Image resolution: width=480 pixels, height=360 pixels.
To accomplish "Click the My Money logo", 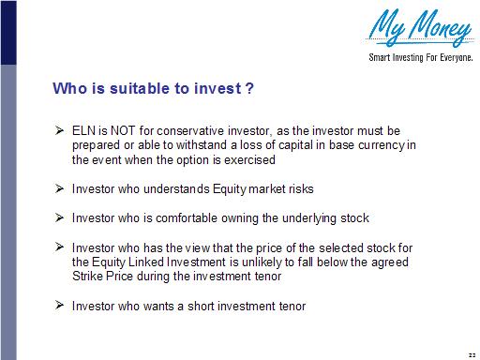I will [x=420, y=29].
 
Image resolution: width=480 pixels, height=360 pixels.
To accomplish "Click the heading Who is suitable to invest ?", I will [x=154, y=90].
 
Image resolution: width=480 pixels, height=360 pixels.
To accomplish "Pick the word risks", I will [x=297, y=189].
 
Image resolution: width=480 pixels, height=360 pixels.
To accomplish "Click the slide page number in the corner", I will [x=470, y=351].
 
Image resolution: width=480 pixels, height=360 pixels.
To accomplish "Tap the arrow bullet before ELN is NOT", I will [x=59, y=130].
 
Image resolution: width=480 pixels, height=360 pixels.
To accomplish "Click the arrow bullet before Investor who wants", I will [x=59, y=306].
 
